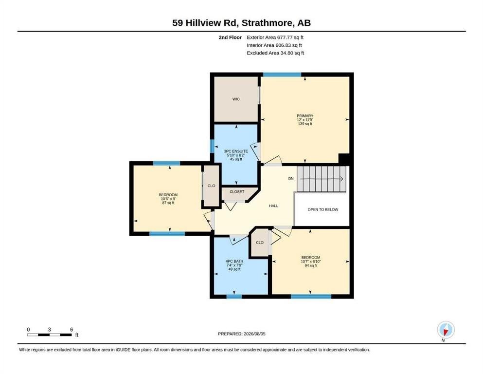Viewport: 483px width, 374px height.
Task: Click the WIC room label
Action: [236, 99]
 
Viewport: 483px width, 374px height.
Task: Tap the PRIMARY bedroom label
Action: [305, 116]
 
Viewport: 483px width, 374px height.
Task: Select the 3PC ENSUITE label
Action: [236, 151]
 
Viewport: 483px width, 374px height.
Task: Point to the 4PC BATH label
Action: [234, 261]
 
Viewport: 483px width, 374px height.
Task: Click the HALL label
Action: [273, 206]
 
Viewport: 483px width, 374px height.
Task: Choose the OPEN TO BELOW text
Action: [323, 209]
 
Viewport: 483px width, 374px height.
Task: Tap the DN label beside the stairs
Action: [291, 179]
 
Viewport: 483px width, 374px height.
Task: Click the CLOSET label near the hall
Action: [237, 191]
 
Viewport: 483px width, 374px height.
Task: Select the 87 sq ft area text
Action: [168, 203]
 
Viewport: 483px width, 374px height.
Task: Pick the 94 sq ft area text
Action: [311, 265]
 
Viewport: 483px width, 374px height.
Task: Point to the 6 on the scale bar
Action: [72, 330]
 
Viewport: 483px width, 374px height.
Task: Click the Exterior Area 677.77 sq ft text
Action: [275, 37]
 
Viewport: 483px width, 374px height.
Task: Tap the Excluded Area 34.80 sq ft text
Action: [275, 53]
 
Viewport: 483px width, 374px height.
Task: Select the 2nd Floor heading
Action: [230, 37]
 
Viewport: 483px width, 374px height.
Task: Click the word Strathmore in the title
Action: [267, 23]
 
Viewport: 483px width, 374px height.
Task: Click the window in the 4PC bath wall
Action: [234, 297]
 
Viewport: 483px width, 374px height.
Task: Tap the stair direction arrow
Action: [322, 179]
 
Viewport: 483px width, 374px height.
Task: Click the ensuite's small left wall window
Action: [212, 146]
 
